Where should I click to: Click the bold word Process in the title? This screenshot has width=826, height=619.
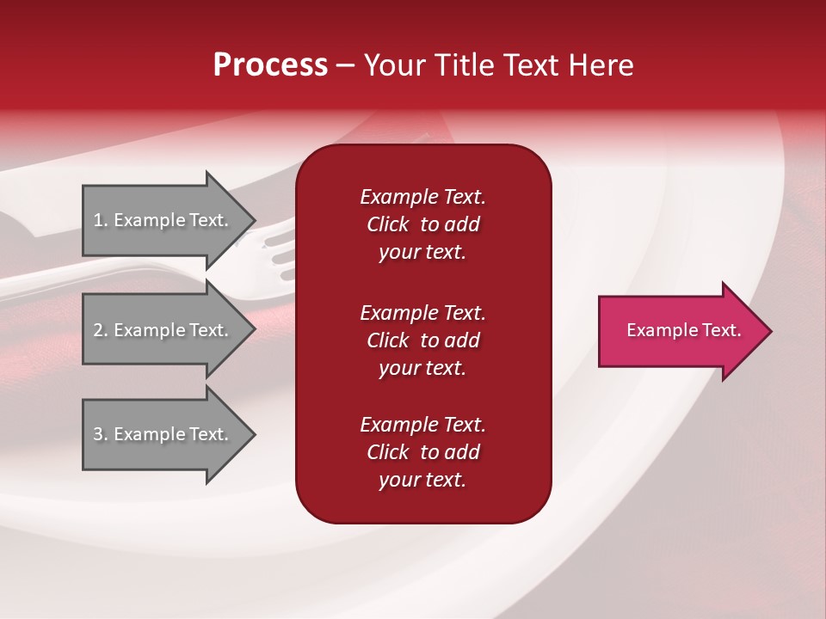pos(270,65)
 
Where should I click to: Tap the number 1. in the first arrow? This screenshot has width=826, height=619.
pos(101,220)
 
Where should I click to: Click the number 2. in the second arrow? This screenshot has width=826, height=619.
pos(101,330)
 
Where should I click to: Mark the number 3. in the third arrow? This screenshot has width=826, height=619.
pos(101,434)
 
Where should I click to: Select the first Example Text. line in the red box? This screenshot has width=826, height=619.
pos(422,197)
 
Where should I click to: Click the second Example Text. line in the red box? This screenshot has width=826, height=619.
pos(422,313)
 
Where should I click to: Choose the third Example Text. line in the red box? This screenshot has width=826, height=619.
pos(422,425)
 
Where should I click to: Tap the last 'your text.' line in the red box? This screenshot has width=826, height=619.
pos(422,480)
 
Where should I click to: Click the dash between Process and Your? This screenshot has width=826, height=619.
pos(346,65)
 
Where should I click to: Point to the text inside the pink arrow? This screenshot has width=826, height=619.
pos(683,331)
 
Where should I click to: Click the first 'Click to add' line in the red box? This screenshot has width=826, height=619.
pos(422,224)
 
